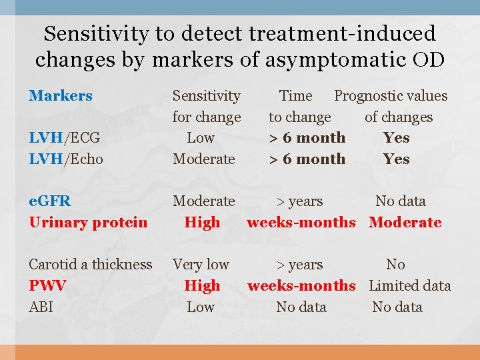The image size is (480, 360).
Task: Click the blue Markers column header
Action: (61, 96)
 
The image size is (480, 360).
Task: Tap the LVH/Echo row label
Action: (65, 159)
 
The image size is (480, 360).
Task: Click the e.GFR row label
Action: (50, 201)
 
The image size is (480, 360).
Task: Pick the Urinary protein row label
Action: (88, 223)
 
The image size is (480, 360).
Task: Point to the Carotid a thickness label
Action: (91, 265)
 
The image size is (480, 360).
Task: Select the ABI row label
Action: (41, 307)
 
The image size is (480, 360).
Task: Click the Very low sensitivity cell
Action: (201, 265)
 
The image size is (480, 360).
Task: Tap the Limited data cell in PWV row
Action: (409, 286)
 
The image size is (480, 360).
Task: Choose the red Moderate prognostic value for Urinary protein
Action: (405, 223)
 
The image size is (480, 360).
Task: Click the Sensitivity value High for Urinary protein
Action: (202, 223)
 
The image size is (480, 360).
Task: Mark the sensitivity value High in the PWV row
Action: (202, 286)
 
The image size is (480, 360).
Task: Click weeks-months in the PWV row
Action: (301, 286)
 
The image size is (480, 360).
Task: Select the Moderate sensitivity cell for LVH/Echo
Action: (203, 159)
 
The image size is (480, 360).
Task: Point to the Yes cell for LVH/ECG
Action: (396, 138)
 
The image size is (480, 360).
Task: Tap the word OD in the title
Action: (428, 59)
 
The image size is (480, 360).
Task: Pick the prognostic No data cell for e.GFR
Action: (400, 201)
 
